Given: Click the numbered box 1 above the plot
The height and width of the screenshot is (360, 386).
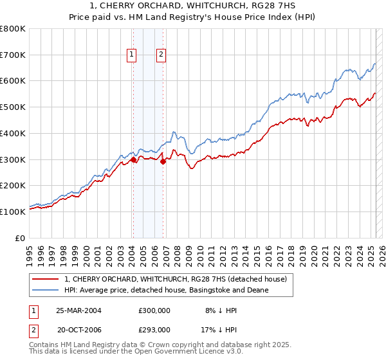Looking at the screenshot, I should [x=131, y=55].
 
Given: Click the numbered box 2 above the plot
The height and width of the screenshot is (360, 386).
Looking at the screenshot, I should [x=160, y=55].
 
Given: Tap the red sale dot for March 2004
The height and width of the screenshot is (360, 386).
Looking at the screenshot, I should [x=133, y=159].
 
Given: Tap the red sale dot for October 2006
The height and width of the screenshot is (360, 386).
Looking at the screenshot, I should [x=163, y=161].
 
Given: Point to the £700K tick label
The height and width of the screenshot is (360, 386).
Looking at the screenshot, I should [x=13, y=55].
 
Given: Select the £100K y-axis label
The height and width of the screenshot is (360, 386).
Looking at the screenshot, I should [x=13, y=212].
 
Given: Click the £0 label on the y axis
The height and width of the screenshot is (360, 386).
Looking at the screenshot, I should [x=19, y=238].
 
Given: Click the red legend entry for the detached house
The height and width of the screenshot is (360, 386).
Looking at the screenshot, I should [x=179, y=279].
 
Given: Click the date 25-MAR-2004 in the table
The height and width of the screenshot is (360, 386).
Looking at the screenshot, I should [x=79, y=310].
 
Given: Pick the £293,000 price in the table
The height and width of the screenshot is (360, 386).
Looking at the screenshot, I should [x=154, y=329].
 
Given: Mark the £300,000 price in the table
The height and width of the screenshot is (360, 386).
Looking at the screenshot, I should [x=154, y=310].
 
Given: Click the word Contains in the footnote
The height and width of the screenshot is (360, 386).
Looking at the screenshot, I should [x=44, y=346].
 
